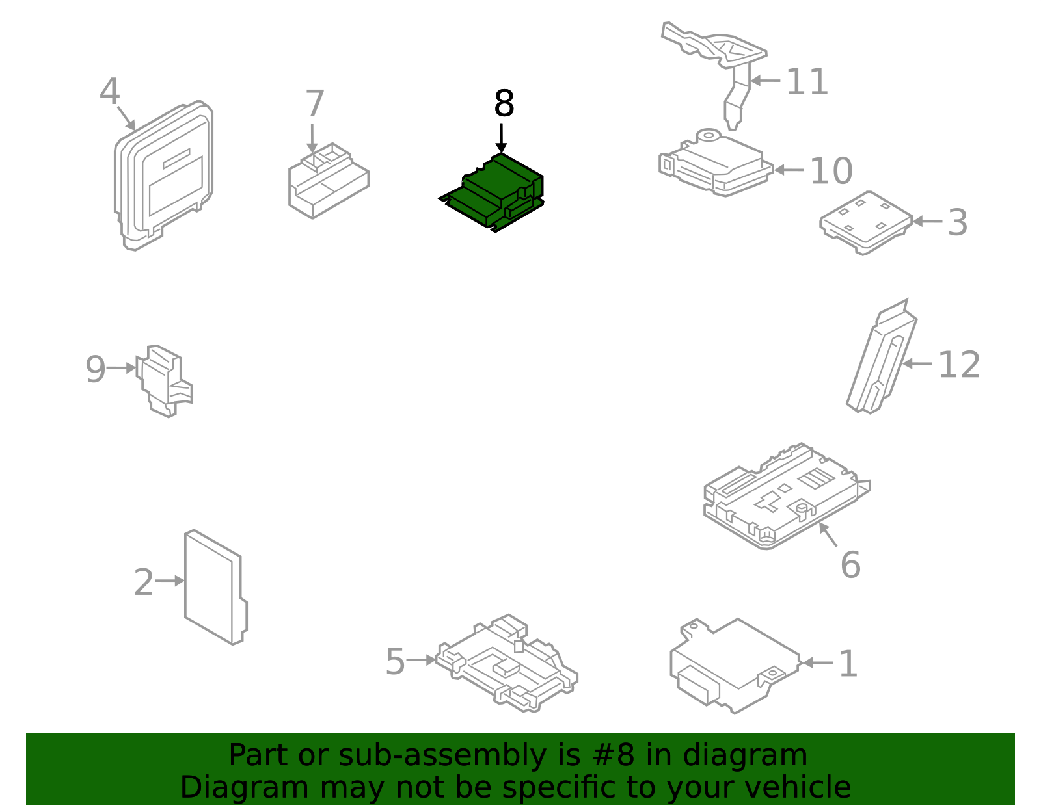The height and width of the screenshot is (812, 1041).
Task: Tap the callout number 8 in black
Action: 504,104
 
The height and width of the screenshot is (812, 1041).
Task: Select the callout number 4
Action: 109,92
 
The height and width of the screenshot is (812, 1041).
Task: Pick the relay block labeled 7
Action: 328,183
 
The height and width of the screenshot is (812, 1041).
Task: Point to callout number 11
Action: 807,83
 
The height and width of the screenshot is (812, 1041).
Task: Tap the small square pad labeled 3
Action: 865,222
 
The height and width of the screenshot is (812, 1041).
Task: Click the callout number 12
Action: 958,365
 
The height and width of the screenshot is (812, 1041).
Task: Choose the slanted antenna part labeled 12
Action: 882,361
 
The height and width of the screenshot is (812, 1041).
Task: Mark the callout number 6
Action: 850,564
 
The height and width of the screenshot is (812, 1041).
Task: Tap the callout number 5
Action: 395,662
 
